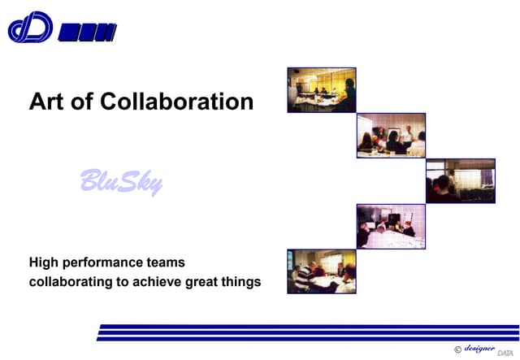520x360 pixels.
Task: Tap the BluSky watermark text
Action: coord(121,180)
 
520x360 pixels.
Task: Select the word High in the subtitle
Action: coord(44,262)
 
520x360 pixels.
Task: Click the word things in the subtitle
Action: coord(244,282)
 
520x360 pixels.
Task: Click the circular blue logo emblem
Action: coord(30,28)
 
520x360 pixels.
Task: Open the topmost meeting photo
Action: coord(321,89)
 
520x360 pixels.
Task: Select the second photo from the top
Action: coord(391,135)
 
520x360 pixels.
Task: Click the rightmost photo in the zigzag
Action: coord(460,180)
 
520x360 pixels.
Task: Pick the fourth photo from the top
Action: coord(391,226)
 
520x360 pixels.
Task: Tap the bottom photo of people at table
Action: coord(321,271)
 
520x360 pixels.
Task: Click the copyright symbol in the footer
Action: coord(457,349)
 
